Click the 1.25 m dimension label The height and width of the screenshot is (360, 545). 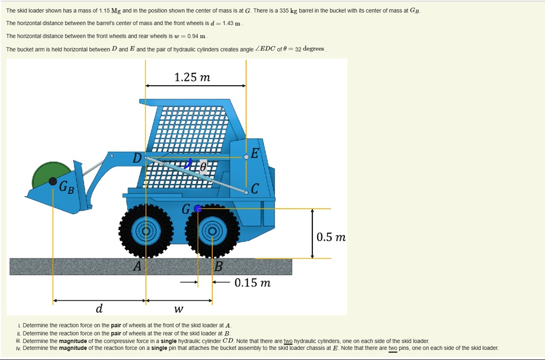tap(192, 78)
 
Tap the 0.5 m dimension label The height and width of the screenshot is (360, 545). tap(331, 237)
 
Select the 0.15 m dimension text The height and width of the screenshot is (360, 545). tap(252, 283)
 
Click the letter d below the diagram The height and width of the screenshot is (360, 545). tap(99, 308)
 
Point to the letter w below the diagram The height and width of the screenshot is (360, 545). tap(179, 309)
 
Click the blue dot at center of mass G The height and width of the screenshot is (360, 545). tap(198, 209)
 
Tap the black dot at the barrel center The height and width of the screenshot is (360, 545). tap(53, 182)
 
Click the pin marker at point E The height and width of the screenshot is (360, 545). tap(246, 157)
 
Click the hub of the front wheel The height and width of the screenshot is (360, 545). tap(145, 231)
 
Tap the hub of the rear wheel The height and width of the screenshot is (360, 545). tap(212, 231)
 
